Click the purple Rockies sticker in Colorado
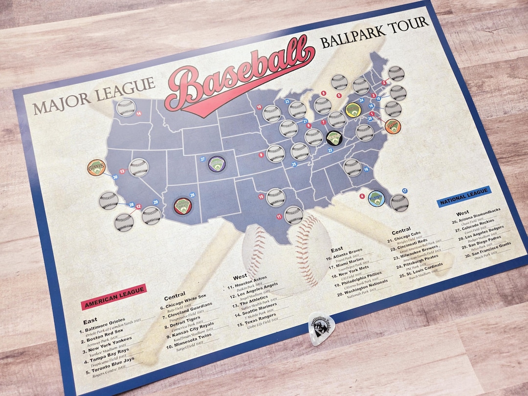point(217,163)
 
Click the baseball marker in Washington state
point(126,108)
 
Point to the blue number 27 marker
point(202,158)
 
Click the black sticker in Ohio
point(334,138)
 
